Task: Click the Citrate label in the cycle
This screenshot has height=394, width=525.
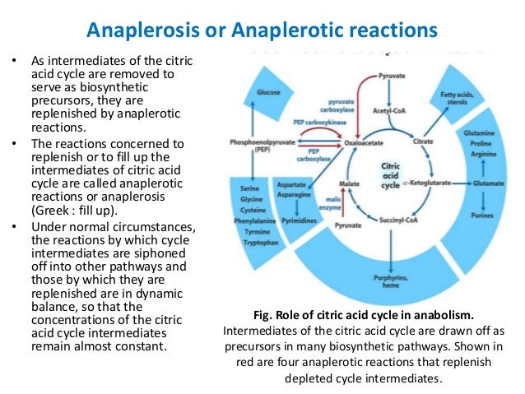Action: [x=423, y=141]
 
